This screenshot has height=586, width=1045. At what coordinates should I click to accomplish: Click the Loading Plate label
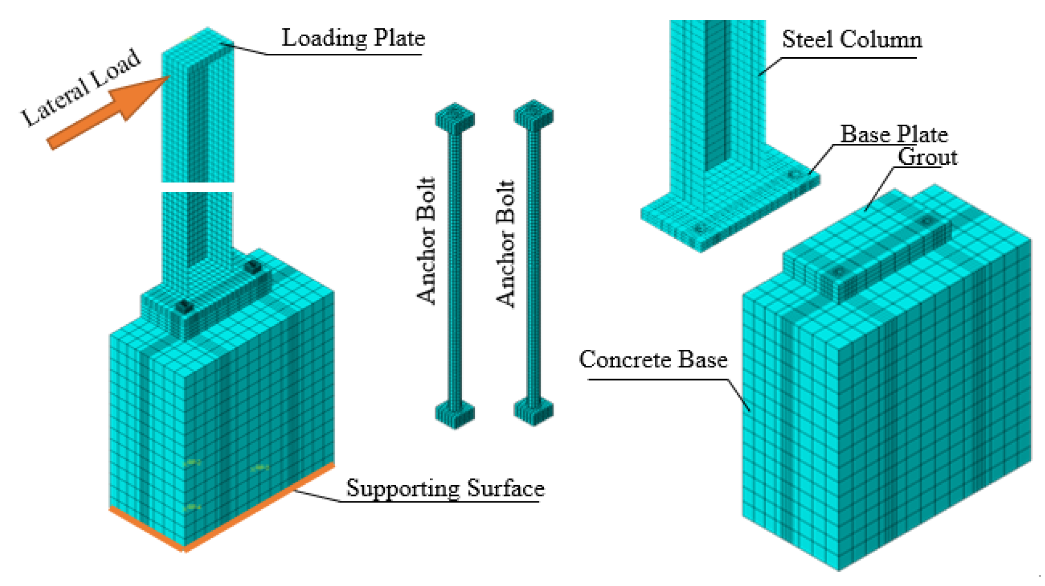(x=353, y=38)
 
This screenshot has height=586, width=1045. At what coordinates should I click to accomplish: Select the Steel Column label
(x=851, y=40)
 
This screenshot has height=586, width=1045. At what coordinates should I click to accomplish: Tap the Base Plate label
(x=893, y=134)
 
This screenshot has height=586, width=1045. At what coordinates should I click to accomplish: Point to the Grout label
(x=927, y=157)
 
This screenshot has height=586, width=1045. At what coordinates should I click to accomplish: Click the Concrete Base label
(x=653, y=360)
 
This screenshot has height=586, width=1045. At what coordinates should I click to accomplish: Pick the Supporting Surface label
(x=445, y=488)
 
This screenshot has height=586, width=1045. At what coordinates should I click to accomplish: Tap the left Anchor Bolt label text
(x=426, y=241)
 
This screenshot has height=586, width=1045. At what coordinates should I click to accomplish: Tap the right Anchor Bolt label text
(x=506, y=243)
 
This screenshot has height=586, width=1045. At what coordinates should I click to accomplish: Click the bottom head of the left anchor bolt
(x=455, y=414)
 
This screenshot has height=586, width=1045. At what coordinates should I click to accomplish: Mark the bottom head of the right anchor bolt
(x=534, y=411)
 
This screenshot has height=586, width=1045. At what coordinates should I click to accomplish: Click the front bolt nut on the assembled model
(x=184, y=307)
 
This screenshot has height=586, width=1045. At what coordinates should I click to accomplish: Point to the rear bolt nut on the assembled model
(x=253, y=267)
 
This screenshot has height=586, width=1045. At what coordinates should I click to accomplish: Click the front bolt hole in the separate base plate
(x=700, y=228)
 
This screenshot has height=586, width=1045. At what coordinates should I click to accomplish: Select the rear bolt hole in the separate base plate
(x=794, y=175)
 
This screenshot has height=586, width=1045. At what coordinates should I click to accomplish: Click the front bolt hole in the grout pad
(x=838, y=271)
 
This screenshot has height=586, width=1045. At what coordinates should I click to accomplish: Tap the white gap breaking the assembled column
(x=198, y=187)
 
